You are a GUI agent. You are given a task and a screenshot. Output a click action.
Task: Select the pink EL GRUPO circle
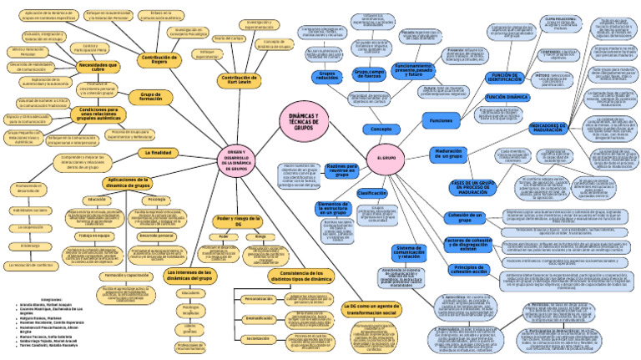[386, 158]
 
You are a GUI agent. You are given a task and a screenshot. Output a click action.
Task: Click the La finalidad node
[158, 153]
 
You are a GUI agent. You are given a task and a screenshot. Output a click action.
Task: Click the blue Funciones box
[441, 121]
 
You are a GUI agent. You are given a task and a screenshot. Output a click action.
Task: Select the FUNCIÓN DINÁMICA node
[505, 98]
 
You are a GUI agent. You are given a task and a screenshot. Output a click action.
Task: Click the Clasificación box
[371, 193]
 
